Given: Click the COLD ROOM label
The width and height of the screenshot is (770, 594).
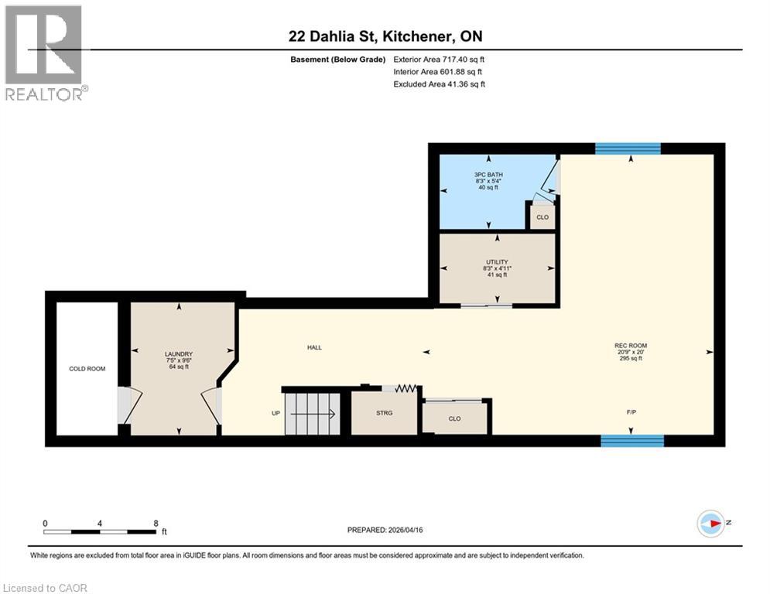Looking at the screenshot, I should [x=87, y=368].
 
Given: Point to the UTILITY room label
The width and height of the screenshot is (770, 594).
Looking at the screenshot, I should [x=497, y=262].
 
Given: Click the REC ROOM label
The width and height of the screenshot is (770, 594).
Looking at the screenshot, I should [x=631, y=346].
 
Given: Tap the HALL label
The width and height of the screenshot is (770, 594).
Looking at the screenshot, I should [x=314, y=347].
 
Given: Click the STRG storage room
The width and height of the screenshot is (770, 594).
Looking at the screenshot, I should [x=385, y=413].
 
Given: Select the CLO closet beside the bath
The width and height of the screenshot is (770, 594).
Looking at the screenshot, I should [x=542, y=217].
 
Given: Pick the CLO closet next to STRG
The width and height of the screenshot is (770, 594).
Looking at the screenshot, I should [x=455, y=418].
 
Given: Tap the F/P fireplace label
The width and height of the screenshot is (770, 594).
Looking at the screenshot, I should [x=631, y=412].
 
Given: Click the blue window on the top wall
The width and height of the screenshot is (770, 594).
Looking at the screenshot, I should [x=628, y=148].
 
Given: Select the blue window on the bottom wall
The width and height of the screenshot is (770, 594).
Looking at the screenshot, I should [x=632, y=441].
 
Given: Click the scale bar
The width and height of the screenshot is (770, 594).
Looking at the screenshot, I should [x=100, y=531].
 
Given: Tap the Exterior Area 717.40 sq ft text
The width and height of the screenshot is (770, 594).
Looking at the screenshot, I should [x=439, y=59].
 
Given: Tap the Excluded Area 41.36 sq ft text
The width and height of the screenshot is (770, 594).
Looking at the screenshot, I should [x=439, y=84].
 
